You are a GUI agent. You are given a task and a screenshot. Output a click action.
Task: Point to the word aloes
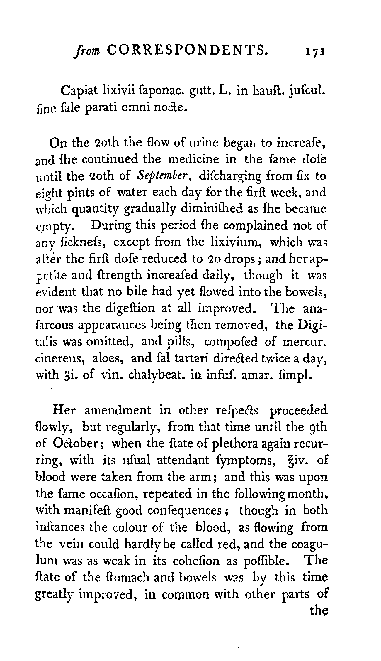click(x=106, y=358)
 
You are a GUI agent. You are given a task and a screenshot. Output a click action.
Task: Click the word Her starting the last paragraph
click(x=64, y=411)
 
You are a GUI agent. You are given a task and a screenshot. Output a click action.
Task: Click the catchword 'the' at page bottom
click(x=319, y=611)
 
